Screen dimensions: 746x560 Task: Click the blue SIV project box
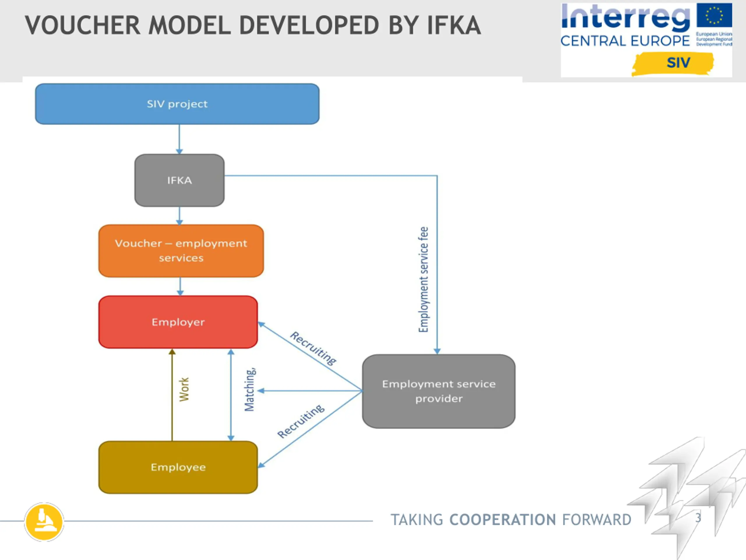[x=177, y=104]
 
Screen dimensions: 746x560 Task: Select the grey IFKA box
[x=180, y=180]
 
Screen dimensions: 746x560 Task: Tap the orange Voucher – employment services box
[x=181, y=251]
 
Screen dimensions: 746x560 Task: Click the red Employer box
[x=178, y=322]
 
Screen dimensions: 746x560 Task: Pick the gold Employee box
[x=178, y=467]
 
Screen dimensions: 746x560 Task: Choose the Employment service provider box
[x=439, y=391]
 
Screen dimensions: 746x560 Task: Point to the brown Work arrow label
[x=184, y=390]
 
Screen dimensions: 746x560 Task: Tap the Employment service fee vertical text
[x=424, y=279]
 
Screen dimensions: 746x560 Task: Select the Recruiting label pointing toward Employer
[x=313, y=348]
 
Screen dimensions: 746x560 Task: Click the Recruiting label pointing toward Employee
[x=301, y=421]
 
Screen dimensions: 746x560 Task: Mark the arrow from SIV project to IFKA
[x=180, y=139]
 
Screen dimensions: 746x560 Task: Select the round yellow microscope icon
[x=44, y=522]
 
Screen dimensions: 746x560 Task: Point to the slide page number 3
[x=698, y=517]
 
